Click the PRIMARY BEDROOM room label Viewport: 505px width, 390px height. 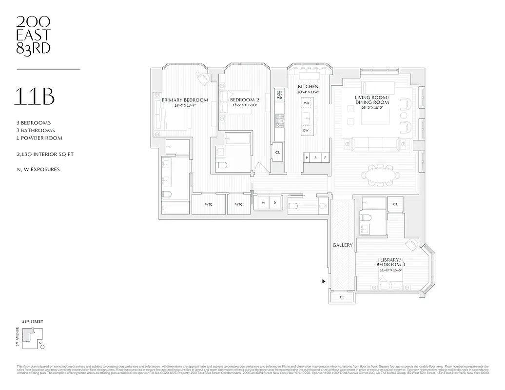tap(185, 100)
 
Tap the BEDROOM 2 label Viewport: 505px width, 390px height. tap(244, 100)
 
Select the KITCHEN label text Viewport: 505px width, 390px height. tap(308, 86)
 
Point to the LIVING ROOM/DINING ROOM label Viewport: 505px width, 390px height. tap(372, 100)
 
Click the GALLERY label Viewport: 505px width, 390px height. tap(342, 245)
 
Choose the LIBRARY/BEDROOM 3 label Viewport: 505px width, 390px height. tap(393, 262)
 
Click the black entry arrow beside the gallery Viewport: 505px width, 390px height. tap(324, 281)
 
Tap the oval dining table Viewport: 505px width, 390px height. tap(380, 175)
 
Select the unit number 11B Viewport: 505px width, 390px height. tap(35, 97)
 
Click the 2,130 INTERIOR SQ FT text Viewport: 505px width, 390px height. tap(45, 155)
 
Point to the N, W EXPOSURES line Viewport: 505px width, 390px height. tap(38, 170)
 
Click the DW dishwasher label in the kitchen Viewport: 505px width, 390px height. tap(306, 131)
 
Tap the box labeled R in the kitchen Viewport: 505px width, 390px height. tap(315, 157)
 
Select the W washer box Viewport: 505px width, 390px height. tap(263, 202)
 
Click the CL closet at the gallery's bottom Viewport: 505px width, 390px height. tap(342, 296)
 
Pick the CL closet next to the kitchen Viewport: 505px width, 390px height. tap(277, 152)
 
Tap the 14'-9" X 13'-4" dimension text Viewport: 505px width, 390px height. tap(185, 106)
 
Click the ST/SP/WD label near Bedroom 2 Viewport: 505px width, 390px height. tap(279, 95)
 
